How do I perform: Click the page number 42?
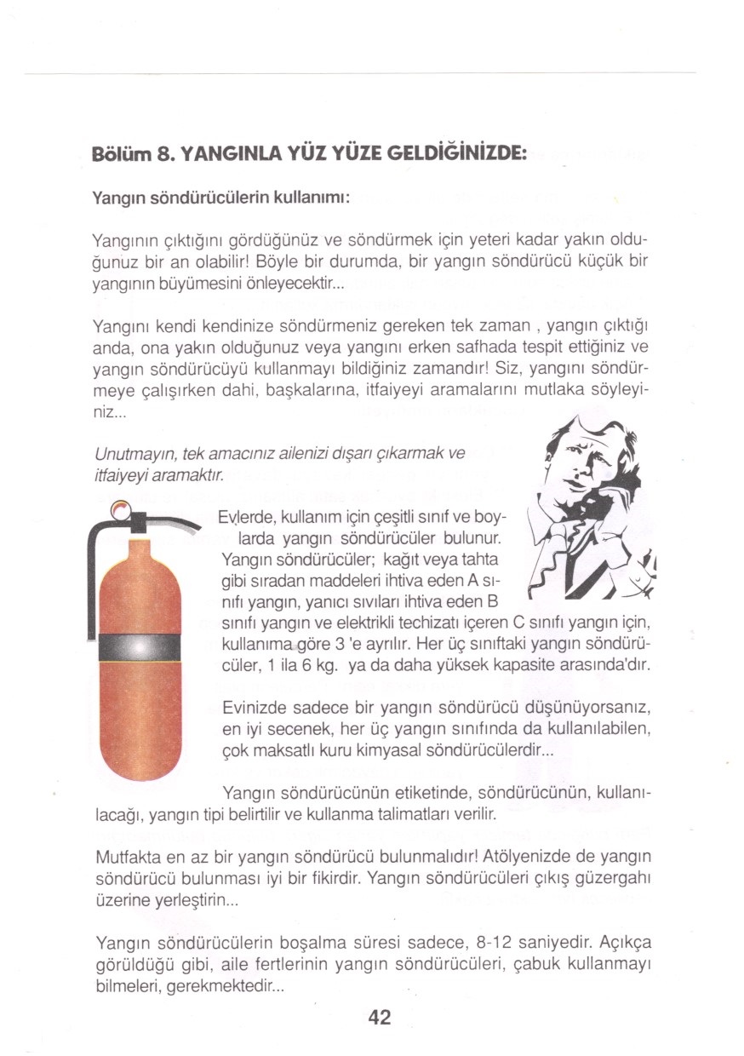pos(379,1016)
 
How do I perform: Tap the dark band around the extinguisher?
pos(140,647)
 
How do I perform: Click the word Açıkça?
pos(623,943)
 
